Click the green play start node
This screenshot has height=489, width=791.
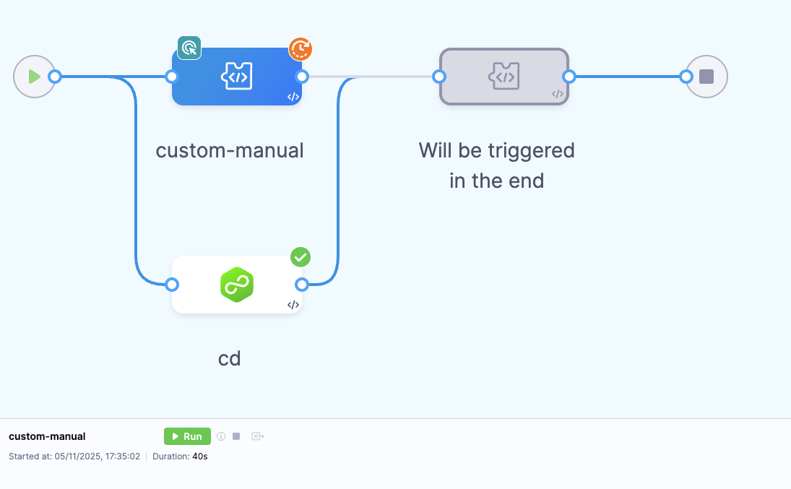(34, 76)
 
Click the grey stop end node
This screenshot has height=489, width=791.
(706, 76)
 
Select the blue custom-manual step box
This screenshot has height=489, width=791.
(236, 77)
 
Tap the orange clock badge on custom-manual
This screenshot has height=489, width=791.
(301, 49)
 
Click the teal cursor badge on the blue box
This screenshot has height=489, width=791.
(189, 48)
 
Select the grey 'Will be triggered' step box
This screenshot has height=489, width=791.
(503, 77)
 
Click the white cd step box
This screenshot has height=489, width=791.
(236, 285)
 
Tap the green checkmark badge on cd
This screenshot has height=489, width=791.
(301, 256)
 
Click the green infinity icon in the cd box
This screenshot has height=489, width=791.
(236, 285)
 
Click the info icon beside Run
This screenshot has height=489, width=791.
(221, 436)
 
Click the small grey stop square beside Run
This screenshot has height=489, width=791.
(236, 436)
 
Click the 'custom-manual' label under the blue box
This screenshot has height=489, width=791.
(230, 151)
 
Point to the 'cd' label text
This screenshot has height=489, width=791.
(230, 358)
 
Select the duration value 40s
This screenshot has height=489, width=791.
(200, 456)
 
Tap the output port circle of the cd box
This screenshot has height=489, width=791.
(302, 285)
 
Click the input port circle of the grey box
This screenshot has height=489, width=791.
(438, 77)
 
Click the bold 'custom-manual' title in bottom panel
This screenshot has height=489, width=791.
(47, 436)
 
